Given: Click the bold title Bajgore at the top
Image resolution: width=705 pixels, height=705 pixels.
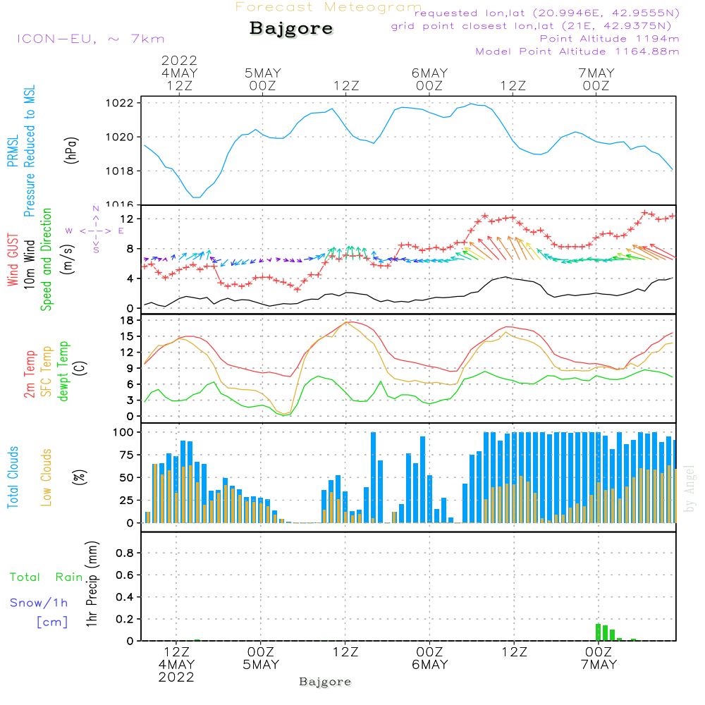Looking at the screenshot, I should [291, 29].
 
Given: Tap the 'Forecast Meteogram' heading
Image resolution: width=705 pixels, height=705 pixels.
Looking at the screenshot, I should [329, 8].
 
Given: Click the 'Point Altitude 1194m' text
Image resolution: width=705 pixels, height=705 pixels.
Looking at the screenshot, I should [609, 39].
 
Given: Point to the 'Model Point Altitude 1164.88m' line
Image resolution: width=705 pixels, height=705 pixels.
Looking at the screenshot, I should [577, 51].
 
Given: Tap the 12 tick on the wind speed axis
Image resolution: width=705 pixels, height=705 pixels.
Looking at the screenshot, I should [127, 219].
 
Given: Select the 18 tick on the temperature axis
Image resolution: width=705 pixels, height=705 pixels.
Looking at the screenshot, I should [127, 321].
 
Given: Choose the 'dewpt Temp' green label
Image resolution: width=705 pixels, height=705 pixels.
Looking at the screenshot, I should [63, 372].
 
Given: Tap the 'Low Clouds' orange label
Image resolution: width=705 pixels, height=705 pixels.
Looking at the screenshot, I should [47, 476].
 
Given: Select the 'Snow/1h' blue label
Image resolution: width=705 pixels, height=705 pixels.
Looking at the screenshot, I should [39, 603].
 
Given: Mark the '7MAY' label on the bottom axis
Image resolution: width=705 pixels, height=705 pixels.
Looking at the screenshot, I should [599, 665].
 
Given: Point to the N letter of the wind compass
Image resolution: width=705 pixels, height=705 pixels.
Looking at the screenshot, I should [96, 209].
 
